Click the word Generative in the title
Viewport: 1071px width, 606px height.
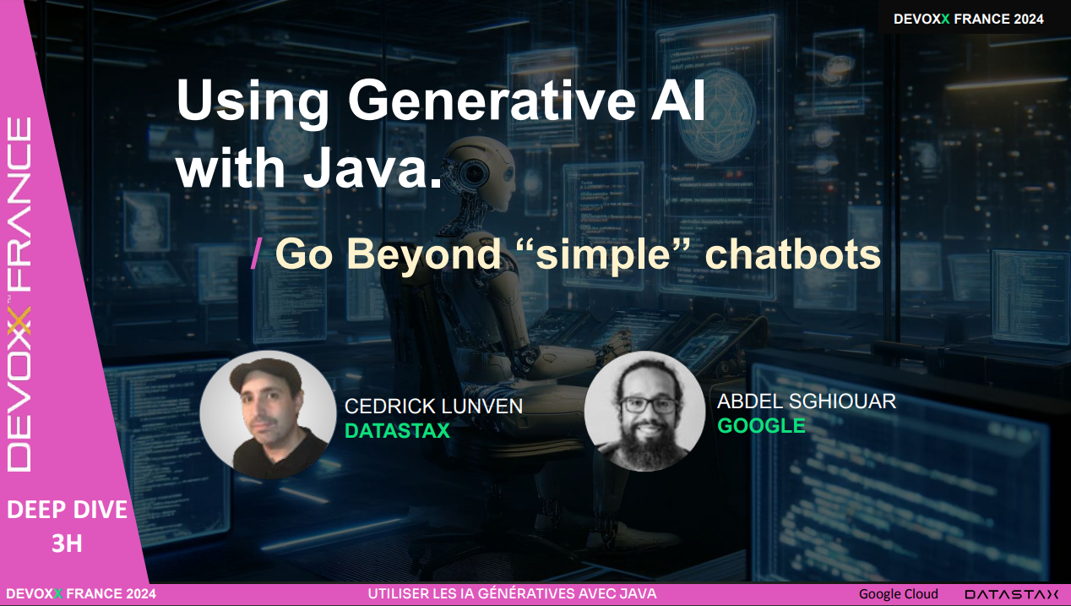click(x=492, y=100)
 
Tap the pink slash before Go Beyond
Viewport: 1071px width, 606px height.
click(x=256, y=254)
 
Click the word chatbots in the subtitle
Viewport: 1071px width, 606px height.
click(x=792, y=254)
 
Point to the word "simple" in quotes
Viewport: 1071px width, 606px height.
click(x=604, y=254)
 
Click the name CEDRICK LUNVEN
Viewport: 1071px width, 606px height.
click(x=433, y=406)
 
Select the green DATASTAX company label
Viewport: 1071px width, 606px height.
click(x=397, y=431)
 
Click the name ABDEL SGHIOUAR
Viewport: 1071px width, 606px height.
click(x=806, y=401)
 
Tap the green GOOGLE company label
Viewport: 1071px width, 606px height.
click(x=761, y=426)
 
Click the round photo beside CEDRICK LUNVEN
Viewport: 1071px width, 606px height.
click(x=268, y=415)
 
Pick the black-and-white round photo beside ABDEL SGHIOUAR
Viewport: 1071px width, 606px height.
click(x=644, y=412)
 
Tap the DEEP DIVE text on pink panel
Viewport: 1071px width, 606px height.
click(x=67, y=510)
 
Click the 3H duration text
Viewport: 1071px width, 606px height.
click(x=67, y=543)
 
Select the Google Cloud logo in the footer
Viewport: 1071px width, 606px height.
click(x=898, y=594)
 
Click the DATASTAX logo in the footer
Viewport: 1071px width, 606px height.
click(x=1011, y=594)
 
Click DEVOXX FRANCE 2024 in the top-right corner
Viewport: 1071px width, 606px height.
click(x=968, y=19)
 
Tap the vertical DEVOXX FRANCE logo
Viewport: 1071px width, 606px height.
click(x=19, y=295)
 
